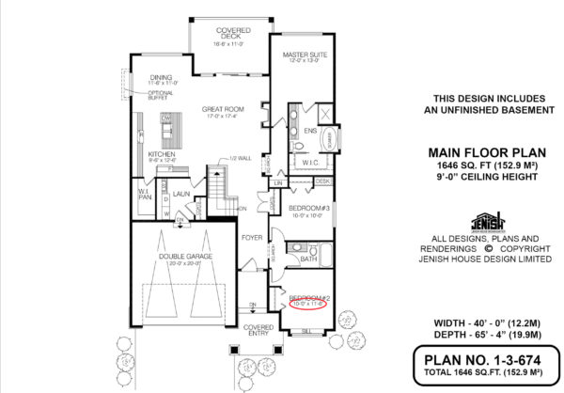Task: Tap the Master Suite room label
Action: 305,55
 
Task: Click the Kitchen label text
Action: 162,154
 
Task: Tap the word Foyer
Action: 251,238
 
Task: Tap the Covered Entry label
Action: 258,330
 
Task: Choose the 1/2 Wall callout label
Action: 238,159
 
